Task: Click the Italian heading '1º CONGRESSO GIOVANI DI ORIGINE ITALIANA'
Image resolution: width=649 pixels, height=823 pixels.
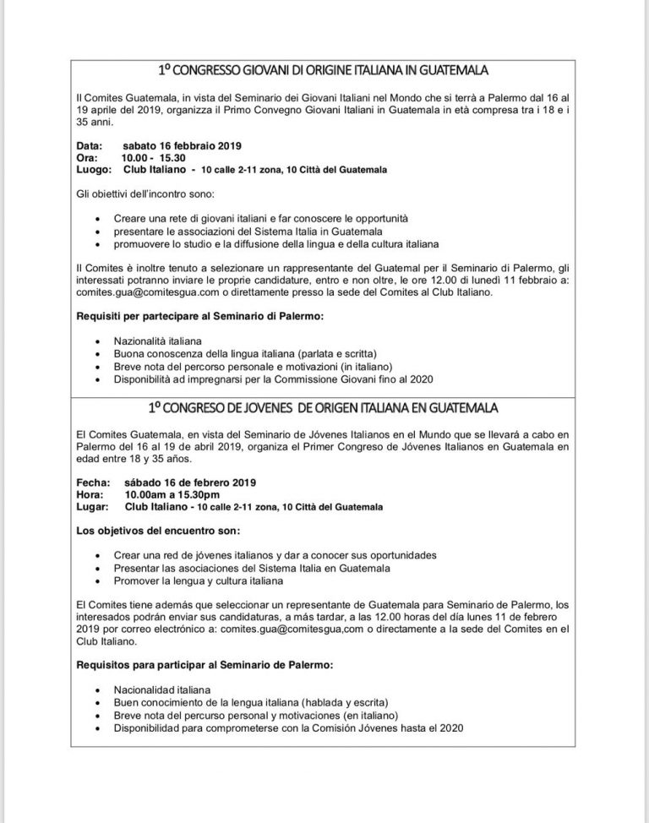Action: coord(324,70)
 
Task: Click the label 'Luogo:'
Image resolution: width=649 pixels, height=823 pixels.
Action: coord(92,169)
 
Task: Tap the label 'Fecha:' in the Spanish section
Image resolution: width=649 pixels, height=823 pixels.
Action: coord(92,482)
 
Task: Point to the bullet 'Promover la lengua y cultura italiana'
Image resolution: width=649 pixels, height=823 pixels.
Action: coord(198,580)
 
